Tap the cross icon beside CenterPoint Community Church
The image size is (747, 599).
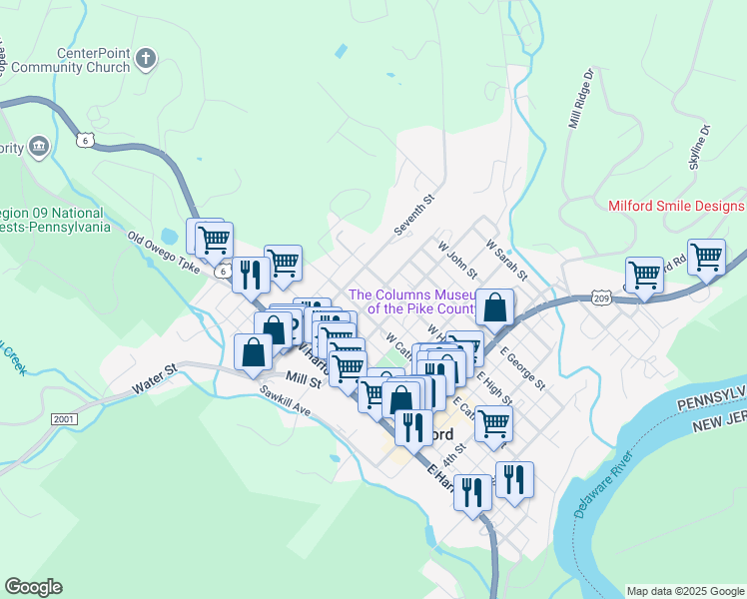tap(146, 58)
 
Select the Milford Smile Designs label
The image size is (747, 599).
tap(676, 206)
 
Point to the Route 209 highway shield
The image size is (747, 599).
tap(600, 299)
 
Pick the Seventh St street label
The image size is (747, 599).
tap(415, 215)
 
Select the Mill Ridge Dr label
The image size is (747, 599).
tap(580, 100)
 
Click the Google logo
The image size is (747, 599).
tap(33, 587)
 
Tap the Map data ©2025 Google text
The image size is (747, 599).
tap(684, 591)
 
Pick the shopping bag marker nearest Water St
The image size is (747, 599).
tap(254, 350)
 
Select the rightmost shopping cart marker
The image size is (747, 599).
tap(706, 256)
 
